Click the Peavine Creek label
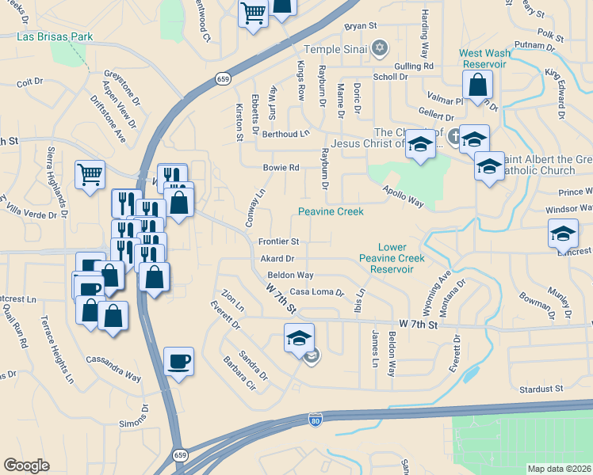[x=331, y=211]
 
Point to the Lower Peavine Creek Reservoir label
[x=391, y=258]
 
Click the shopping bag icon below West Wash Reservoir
[x=478, y=85]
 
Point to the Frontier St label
[x=278, y=241]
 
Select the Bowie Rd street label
[x=281, y=168]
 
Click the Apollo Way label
[x=403, y=197]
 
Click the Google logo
[x=26, y=465]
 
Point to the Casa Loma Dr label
[x=317, y=291]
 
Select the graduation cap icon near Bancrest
[x=563, y=234]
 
